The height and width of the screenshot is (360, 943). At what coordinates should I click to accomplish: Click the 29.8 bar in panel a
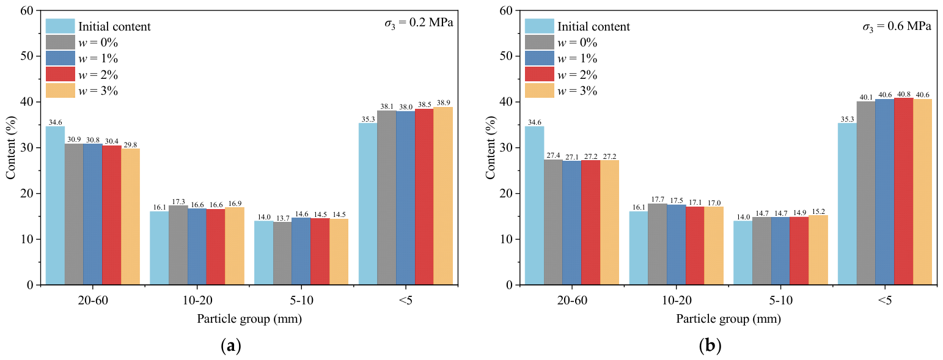click(131, 216)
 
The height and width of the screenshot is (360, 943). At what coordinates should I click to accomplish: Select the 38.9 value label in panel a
click(443, 103)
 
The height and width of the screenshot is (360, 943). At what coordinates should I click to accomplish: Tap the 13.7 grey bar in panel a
click(282, 254)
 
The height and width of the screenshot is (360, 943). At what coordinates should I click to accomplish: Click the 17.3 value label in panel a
click(178, 202)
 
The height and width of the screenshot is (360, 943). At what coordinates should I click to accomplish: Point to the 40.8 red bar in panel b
click(903, 191)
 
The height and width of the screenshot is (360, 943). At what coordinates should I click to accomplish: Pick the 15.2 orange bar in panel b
click(818, 250)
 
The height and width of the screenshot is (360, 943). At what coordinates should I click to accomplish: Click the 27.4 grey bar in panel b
click(553, 222)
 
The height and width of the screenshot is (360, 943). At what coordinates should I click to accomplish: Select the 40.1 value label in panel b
click(866, 98)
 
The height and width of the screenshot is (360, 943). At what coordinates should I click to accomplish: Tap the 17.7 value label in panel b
click(657, 199)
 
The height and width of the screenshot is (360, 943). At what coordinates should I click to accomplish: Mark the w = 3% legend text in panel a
click(98, 91)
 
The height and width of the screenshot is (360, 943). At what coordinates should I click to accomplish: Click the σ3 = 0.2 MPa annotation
click(419, 23)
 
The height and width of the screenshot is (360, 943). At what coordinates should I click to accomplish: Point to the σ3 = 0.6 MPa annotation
click(897, 26)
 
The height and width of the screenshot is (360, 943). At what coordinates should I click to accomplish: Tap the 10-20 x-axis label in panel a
click(197, 300)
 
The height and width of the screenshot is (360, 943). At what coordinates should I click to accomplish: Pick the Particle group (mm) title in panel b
click(728, 318)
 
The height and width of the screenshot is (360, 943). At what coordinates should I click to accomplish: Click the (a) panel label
click(231, 346)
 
